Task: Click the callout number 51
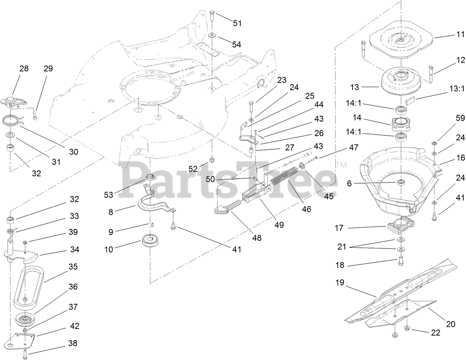point(237,23)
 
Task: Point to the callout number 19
point(340,283)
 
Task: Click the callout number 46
point(306,209)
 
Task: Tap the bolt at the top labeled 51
point(212,16)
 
